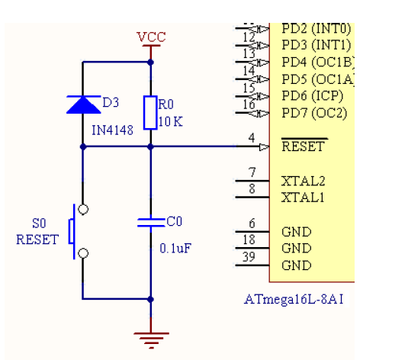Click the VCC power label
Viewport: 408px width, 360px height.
click(x=151, y=37)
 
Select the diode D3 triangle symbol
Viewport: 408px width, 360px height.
click(x=84, y=104)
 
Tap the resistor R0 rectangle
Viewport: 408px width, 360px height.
click(x=150, y=112)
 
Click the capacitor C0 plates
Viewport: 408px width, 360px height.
click(x=151, y=223)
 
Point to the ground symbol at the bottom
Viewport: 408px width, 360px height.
click(x=151, y=340)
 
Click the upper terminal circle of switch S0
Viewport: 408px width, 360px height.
click(x=83, y=209)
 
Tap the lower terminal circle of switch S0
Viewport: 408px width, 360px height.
click(x=83, y=253)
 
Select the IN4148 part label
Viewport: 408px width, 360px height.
click(x=112, y=130)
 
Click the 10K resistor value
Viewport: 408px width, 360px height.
click(x=170, y=121)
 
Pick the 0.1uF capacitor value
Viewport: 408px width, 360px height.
click(x=175, y=249)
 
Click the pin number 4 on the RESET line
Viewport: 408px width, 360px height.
click(x=252, y=138)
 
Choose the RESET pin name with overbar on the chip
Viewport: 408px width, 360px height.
click(x=304, y=145)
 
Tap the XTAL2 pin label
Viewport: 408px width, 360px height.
click(x=303, y=182)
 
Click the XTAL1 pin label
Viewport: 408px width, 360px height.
click(x=303, y=198)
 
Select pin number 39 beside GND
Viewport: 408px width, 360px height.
click(x=249, y=257)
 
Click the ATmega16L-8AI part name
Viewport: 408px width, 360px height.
click(x=294, y=299)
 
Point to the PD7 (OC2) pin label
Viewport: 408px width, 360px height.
click(x=314, y=113)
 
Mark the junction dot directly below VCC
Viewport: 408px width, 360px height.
click(x=150, y=63)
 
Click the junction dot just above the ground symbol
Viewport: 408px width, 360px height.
click(x=150, y=299)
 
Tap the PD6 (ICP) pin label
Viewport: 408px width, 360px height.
click(x=313, y=96)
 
